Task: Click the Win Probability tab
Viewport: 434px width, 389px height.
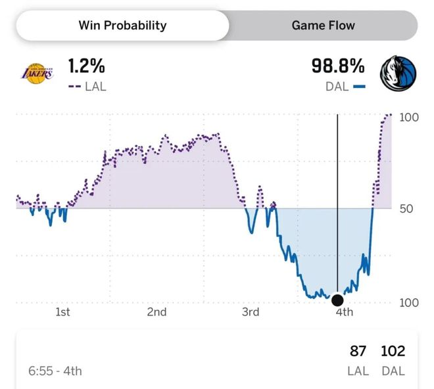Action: tap(122, 26)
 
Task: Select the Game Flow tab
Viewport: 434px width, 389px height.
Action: tap(323, 26)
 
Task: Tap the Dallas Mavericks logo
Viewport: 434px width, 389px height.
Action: tap(398, 73)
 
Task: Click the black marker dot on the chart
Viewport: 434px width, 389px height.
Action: tap(337, 300)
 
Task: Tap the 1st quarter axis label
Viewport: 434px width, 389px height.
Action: tap(62, 312)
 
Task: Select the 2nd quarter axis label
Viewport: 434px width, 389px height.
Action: tap(157, 312)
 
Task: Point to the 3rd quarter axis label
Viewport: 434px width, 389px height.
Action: tap(251, 312)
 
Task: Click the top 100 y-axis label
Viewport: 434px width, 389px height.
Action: tap(408, 117)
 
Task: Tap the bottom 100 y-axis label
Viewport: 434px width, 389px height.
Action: tap(408, 303)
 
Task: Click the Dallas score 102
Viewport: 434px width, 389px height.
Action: tap(393, 352)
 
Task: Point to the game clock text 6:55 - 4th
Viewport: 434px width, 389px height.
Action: tap(55, 371)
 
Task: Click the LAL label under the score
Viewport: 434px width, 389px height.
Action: tap(358, 371)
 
